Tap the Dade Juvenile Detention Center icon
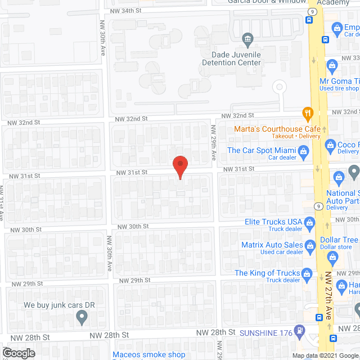point(247,39)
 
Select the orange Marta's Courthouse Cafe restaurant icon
point(307,112)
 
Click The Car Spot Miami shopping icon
point(303,151)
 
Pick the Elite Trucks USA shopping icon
point(309,224)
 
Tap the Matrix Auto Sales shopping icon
point(309,246)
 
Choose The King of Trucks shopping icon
point(307,274)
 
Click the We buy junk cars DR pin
point(82,318)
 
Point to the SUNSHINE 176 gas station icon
point(301,331)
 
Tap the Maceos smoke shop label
point(148,355)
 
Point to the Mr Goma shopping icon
point(332,66)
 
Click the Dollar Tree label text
point(339,240)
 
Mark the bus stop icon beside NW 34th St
point(309,19)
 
